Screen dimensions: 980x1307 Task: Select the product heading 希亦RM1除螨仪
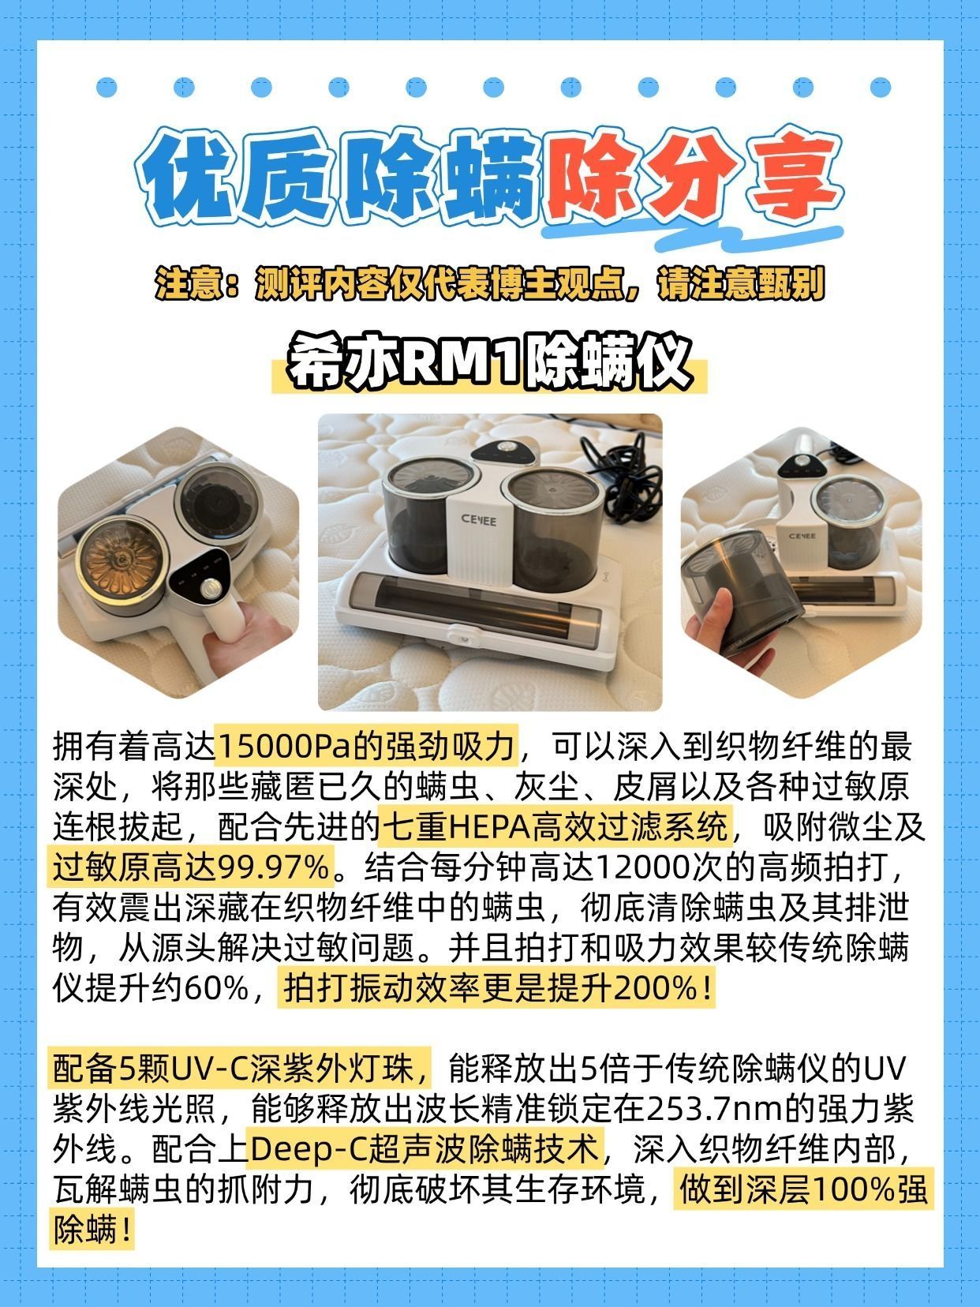pyautogui.click(x=489, y=362)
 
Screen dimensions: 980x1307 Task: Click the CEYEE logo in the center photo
pyautogui.click(x=478, y=520)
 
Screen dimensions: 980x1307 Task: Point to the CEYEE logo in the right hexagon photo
pyautogui.click(x=802, y=536)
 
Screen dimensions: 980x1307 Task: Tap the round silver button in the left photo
pyautogui.click(x=210, y=589)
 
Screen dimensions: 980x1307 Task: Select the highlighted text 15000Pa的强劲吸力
pyautogui.click(x=366, y=746)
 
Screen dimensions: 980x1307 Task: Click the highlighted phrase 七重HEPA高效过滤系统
pyautogui.click(x=555, y=826)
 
